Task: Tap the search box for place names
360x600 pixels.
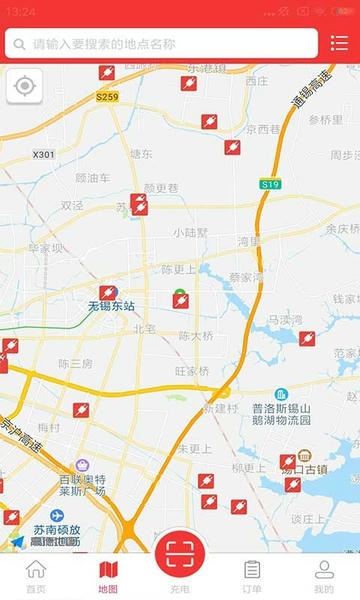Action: click(x=160, y=44)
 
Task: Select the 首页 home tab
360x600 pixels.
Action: click(x=36, y=577)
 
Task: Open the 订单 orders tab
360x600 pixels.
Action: click(x=252, y=577)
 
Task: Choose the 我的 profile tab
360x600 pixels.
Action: click(x=324, y=577)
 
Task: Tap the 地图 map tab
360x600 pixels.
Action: click(x=108, y=577)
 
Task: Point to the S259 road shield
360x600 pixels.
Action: click(x=108, y=97)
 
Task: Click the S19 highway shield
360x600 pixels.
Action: click(x=270, y=184)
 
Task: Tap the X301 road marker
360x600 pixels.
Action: click(x=44, y=155)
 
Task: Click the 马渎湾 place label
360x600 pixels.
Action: click(x=284, y=320)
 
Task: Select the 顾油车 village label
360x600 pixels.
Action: click(x=93, y=178)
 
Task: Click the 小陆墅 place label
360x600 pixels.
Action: click(x=190, y=232)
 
